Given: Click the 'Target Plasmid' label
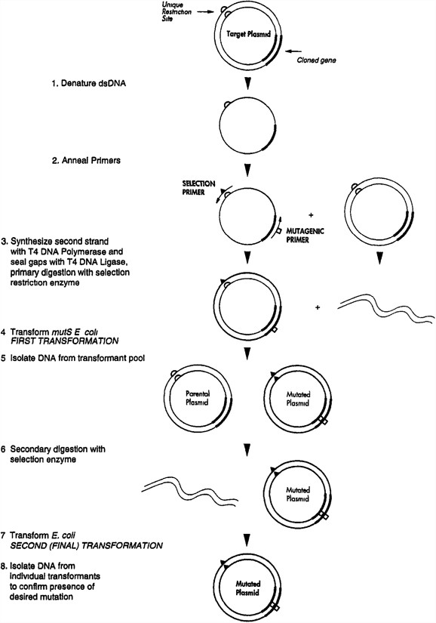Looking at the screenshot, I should [x=244, y=35].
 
